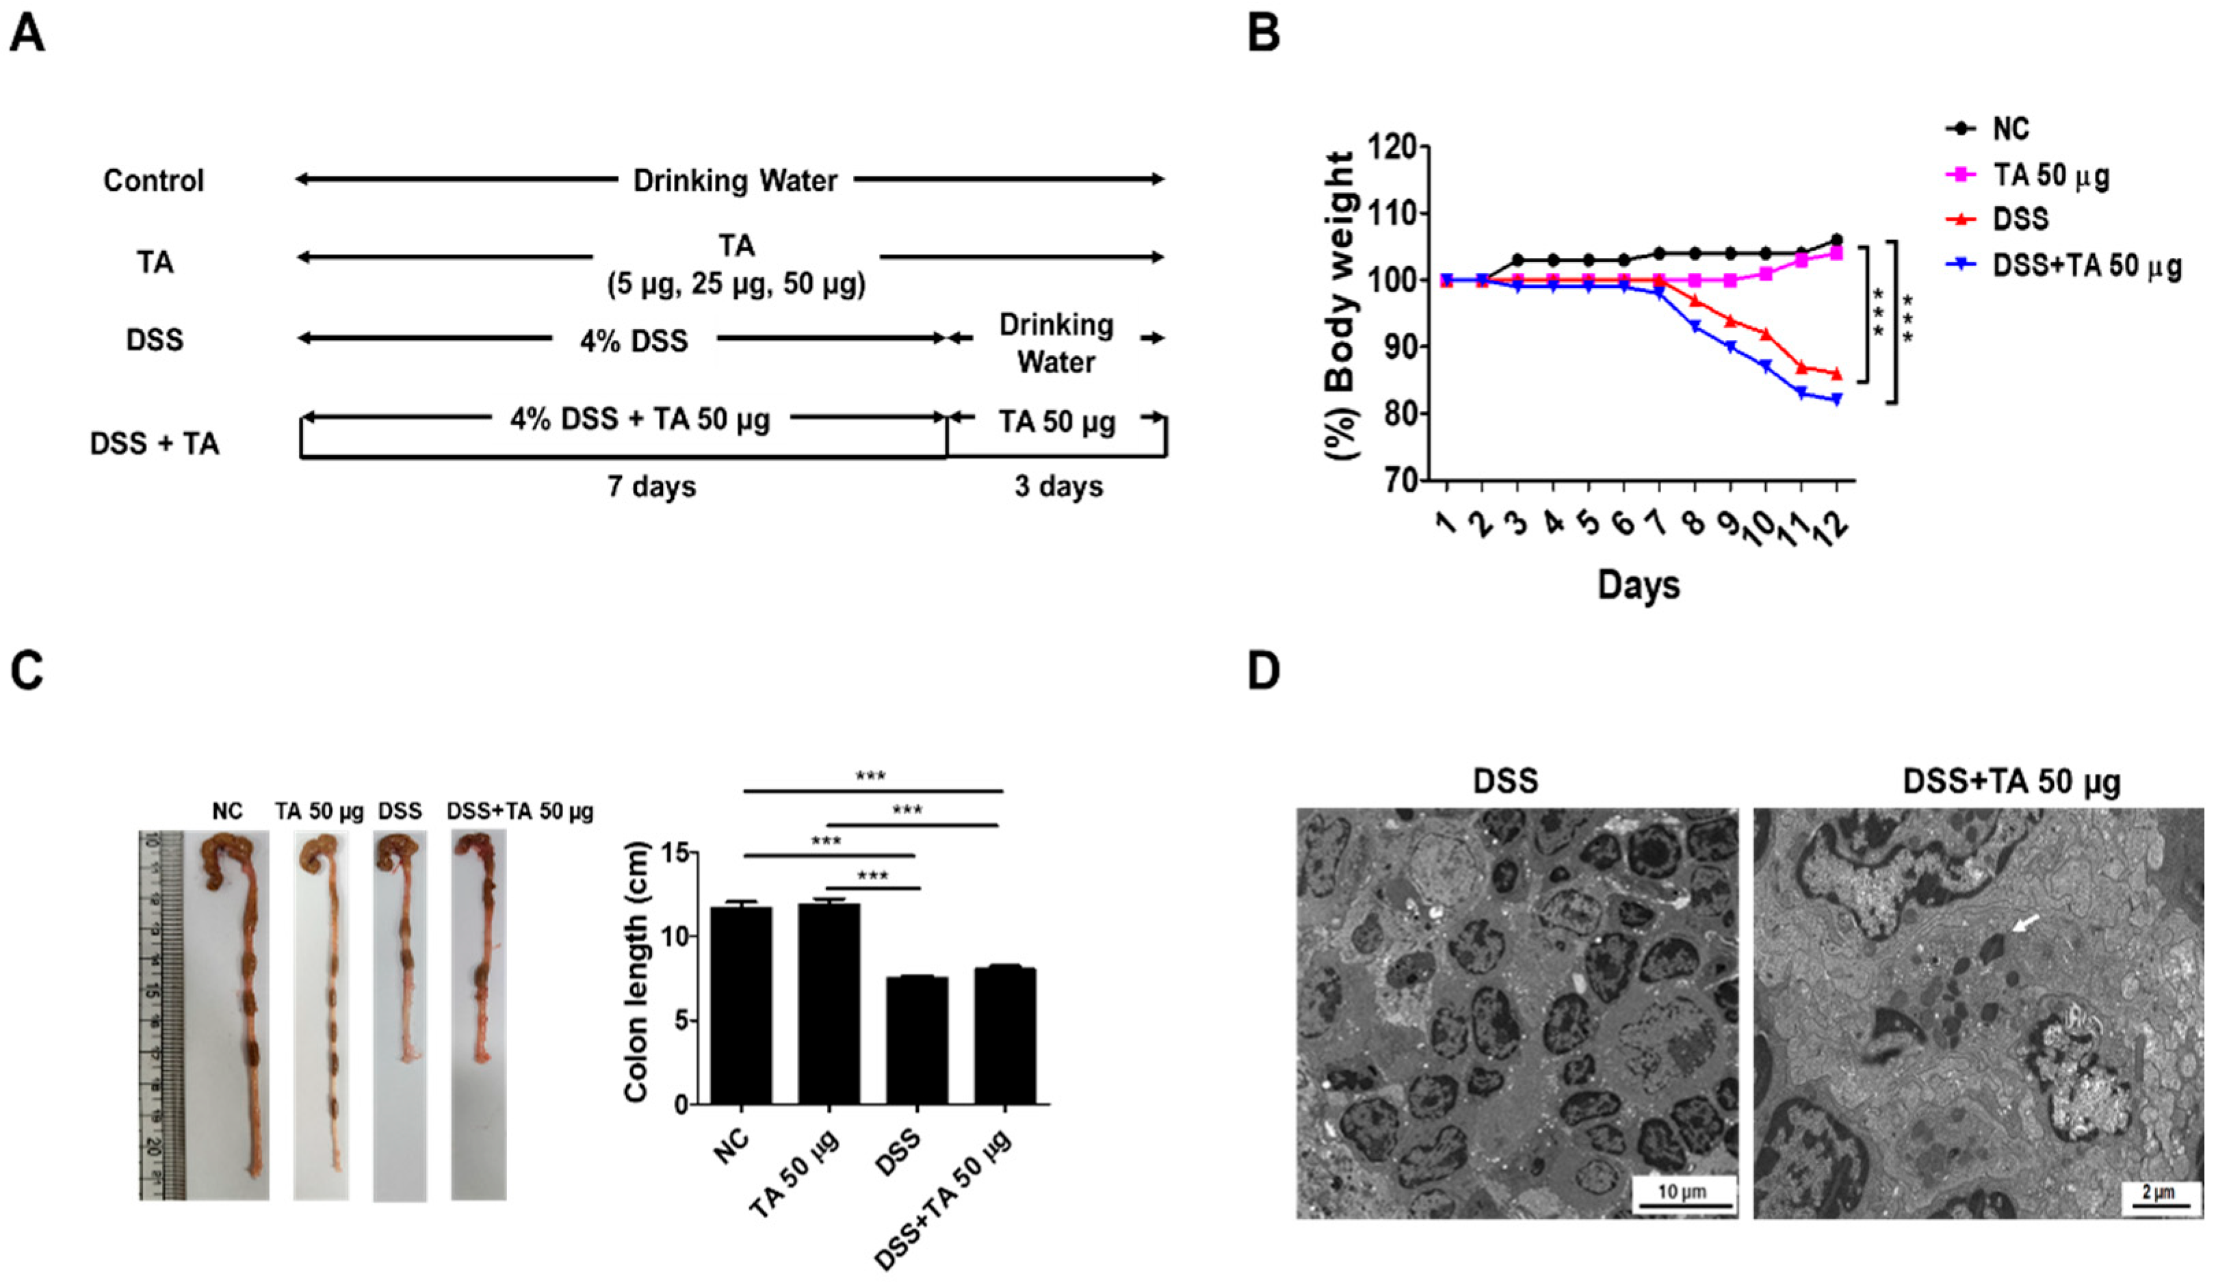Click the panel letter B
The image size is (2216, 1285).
1264,34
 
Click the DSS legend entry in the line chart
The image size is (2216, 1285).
2020,218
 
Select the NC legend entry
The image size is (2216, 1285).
2010,129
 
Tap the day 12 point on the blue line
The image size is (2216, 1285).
1836,400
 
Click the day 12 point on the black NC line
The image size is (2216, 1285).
1836,239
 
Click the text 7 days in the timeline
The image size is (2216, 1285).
651,486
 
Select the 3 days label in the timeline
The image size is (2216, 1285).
1059,486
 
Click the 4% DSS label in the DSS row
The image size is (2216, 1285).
634,340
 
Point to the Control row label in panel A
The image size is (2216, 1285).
153,181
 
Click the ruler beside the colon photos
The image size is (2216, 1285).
161,1011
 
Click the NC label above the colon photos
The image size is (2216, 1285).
227,811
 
